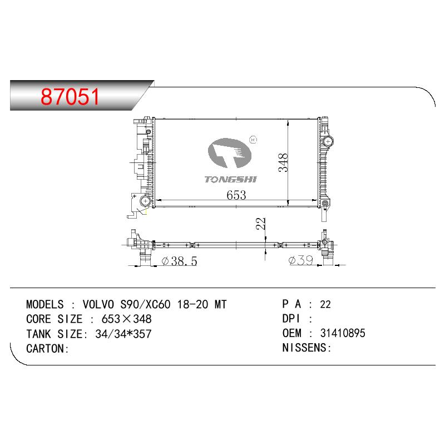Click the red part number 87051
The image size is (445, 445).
70,96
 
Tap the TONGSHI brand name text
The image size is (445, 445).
230,179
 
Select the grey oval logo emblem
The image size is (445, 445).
230,154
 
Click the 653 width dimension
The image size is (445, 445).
236,195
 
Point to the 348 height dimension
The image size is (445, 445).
283,162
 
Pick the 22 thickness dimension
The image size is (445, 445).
260,224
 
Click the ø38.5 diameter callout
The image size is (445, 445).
179,261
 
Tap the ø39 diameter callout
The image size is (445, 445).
301,260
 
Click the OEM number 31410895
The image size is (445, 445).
343,333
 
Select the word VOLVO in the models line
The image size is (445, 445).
98,304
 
